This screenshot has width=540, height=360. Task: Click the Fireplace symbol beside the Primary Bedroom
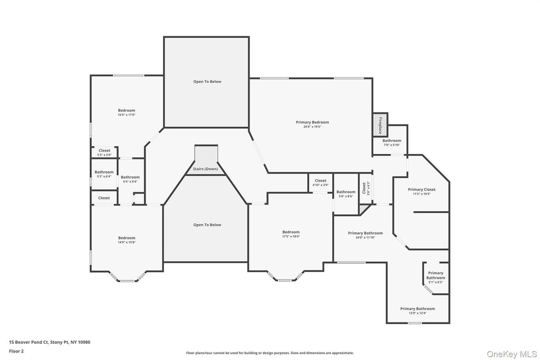(x=380, y=125)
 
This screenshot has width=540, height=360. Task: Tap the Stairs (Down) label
(x=205, y=169)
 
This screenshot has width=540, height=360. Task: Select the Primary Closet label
(x=421, y=189)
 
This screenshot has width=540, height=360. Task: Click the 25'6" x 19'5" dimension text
(x=312, y=127)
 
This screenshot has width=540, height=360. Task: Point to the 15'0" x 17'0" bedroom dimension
(x=126, y=115)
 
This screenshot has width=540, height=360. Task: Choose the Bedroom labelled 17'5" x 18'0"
(x=291, y=232)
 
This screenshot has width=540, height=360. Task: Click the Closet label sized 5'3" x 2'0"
(x=104, y=150)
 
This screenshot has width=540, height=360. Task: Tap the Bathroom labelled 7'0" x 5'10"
(x=391, y=141)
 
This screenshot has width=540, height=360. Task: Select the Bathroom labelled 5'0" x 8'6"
(x=346, y=192)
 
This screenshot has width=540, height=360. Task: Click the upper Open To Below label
(x=207, y=81)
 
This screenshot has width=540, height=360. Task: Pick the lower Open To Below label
(x=207, y=225)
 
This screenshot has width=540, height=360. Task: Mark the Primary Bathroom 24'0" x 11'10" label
(x=365, y=233)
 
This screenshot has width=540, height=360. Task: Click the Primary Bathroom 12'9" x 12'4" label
(x=417, y=309)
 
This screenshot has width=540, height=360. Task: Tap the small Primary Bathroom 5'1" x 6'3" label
(x=435, y=275)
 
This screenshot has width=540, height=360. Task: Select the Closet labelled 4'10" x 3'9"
(x=320, y=180)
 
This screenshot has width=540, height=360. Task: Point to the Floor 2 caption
(x=16, y=351)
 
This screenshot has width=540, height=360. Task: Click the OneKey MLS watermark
(x=512, y=354)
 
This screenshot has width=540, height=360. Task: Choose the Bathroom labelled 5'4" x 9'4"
(x=130, y=177)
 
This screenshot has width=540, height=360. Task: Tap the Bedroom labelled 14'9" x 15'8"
(x=126, y=238)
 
